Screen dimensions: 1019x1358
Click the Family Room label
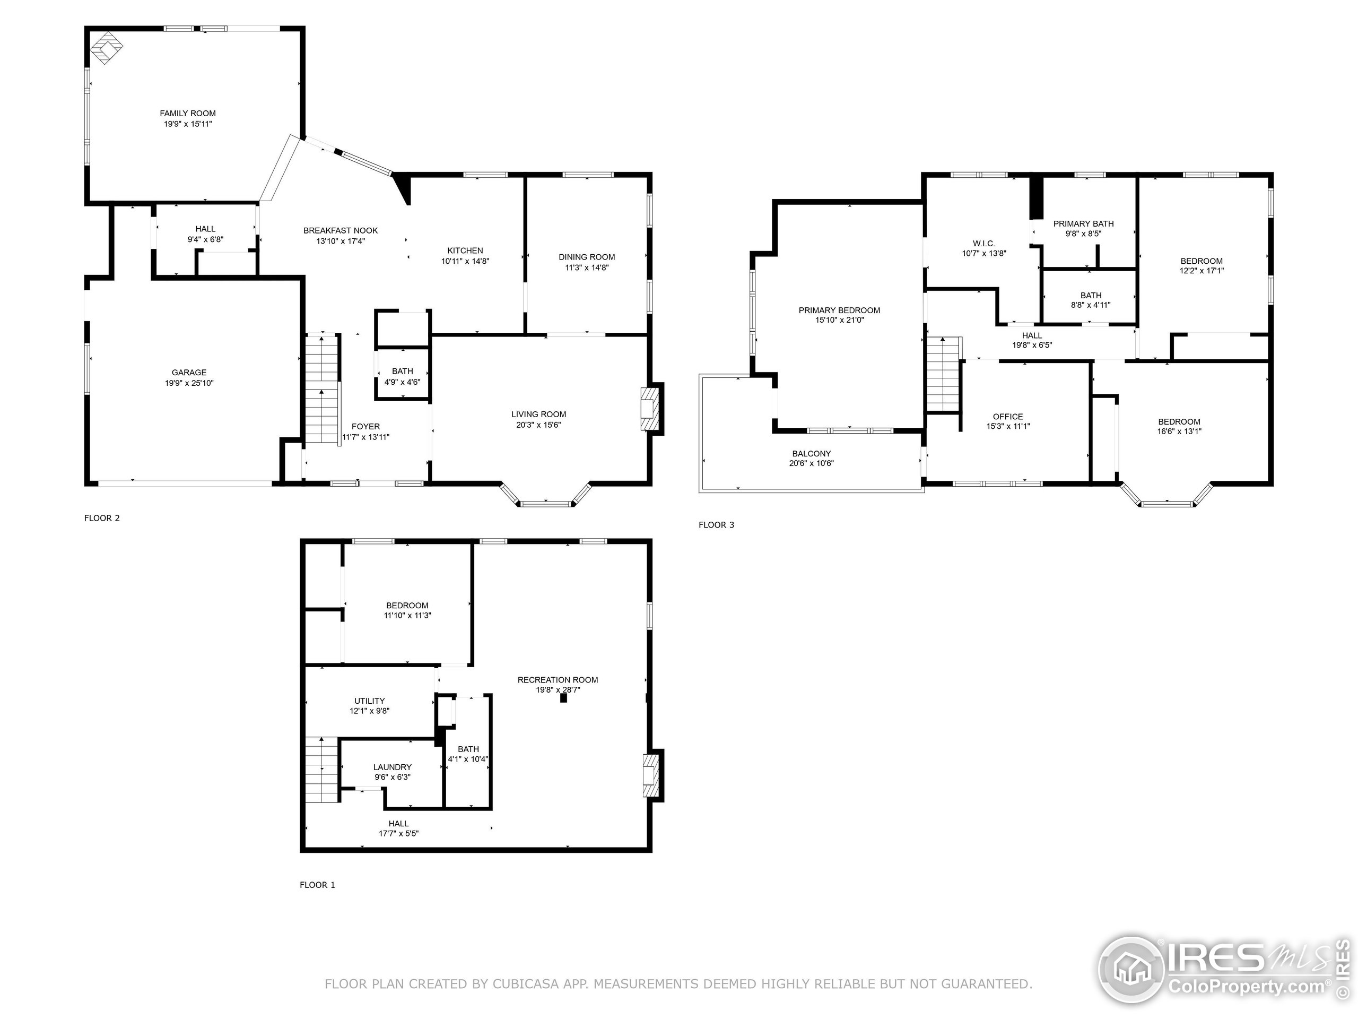187,114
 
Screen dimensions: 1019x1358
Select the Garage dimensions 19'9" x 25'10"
189,383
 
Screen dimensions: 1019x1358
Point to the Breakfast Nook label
340,230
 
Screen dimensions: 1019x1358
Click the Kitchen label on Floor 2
465,251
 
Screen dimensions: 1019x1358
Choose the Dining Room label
586,257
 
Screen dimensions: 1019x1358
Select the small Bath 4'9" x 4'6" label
402,371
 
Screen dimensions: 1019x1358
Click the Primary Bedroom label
839,310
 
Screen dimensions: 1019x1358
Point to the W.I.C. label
983,244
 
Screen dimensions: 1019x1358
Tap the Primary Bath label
1083,223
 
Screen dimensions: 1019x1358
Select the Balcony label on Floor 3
811,453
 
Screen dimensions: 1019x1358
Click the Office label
1007,417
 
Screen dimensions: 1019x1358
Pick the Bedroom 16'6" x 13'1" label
1179,421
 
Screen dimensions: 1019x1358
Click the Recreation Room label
558,679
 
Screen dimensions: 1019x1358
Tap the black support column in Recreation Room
563,698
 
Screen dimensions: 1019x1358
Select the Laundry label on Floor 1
393,767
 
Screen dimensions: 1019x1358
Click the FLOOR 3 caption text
716,524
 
